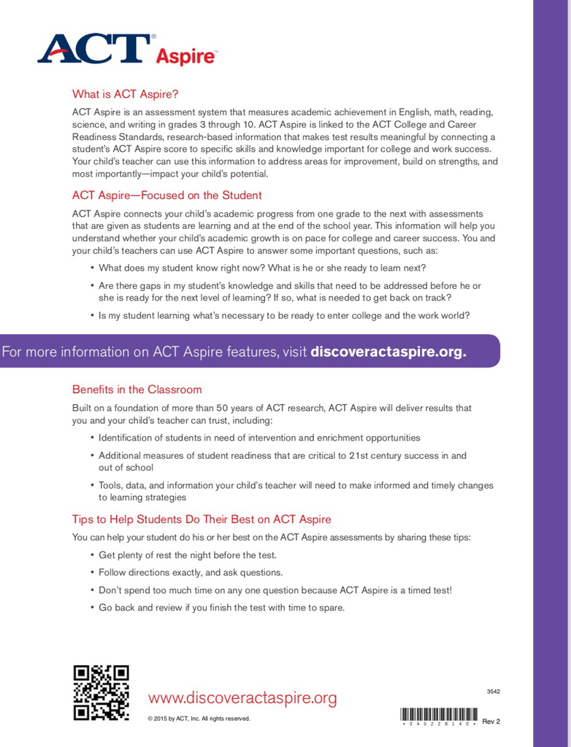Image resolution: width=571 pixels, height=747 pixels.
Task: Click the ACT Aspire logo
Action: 127,48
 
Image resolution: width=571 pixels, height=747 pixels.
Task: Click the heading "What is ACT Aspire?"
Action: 125,94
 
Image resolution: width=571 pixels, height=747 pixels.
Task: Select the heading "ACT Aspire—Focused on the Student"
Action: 166,196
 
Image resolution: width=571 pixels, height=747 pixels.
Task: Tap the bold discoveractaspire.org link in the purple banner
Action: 388,352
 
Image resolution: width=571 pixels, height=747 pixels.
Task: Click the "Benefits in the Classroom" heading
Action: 137,390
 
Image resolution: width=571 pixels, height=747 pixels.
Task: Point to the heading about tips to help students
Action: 202,519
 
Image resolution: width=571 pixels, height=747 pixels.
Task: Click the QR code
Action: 101,693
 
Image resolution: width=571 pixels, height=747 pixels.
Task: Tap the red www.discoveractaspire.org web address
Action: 242,698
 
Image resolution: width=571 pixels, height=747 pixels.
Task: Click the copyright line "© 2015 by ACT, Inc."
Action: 199,719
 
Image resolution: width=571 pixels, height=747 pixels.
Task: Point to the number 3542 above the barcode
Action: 493,692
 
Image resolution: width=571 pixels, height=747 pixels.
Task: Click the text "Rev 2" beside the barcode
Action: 491,721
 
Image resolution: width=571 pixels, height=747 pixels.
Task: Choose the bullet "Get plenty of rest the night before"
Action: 188,555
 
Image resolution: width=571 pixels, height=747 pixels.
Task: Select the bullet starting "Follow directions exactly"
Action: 191,573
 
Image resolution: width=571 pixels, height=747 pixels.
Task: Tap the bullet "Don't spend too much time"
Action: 275,590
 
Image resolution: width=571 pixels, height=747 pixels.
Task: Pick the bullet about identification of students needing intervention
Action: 259,438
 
